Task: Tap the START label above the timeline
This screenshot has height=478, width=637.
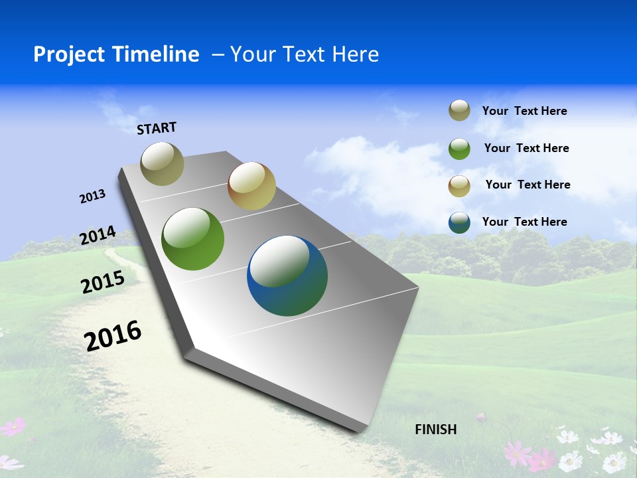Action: (157, 128)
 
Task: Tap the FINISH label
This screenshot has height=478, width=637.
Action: (435, 430)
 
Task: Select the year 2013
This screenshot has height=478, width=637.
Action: (92, 197)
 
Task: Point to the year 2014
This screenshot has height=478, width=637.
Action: (98, 236)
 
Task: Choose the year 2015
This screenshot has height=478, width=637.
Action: (103, 282)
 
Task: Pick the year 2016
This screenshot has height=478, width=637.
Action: (113, 336)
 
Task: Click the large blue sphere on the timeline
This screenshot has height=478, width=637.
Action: (287, 276)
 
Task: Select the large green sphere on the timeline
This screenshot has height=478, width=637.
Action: (192, 239)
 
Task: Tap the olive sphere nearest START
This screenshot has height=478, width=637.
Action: (162, 163)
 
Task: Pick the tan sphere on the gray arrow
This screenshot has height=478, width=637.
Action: (251, 185)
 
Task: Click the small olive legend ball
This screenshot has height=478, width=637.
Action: (459, 111)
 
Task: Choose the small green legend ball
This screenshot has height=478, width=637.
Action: (459, 149)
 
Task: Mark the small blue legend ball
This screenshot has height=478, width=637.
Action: (459, 222)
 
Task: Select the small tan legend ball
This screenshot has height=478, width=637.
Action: (459, 185)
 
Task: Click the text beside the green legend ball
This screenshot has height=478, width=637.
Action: (526, 148)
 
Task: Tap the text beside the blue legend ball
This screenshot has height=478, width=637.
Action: (524, 222)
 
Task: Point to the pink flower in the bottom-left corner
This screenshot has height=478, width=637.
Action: (13, 426)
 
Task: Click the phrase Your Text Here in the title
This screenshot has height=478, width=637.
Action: (304, 54)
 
